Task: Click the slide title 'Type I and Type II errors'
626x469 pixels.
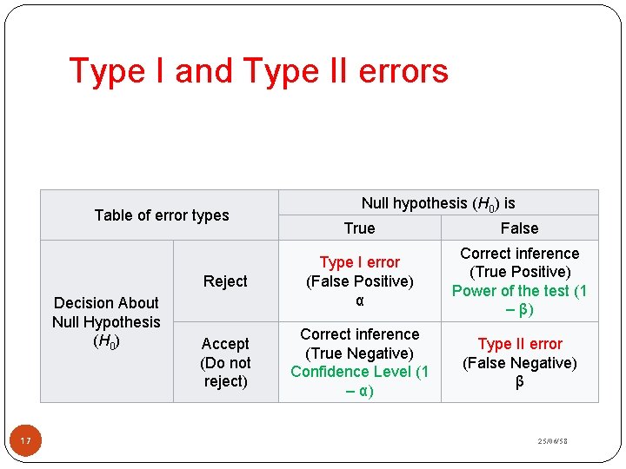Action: tap(258, 70)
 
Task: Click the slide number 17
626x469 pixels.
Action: tap(26, 443)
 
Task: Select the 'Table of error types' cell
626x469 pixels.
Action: tap(162, 215)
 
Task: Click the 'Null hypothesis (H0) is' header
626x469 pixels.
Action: tap(438, 203)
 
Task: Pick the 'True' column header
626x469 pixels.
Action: tap(359, 228)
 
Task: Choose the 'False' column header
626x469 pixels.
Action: tap(519, 228)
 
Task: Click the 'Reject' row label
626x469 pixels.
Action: tap(225, 281)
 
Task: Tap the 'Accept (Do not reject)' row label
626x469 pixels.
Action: tap(225, 362)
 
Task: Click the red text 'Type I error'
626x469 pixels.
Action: tap(359, 262)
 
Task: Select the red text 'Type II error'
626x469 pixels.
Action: tap(520, 344)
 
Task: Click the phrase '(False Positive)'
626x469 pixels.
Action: tap(359, 281)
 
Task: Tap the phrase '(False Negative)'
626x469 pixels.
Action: tap(520, 363)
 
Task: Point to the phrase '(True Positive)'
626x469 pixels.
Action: tap(520, 272)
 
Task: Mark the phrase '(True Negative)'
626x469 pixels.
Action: tap(359, 353)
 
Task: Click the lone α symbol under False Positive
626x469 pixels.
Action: tap(359, 301)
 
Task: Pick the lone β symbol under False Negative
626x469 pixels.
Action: tap(520, 382)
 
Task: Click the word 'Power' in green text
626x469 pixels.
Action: tap(473, 291)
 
